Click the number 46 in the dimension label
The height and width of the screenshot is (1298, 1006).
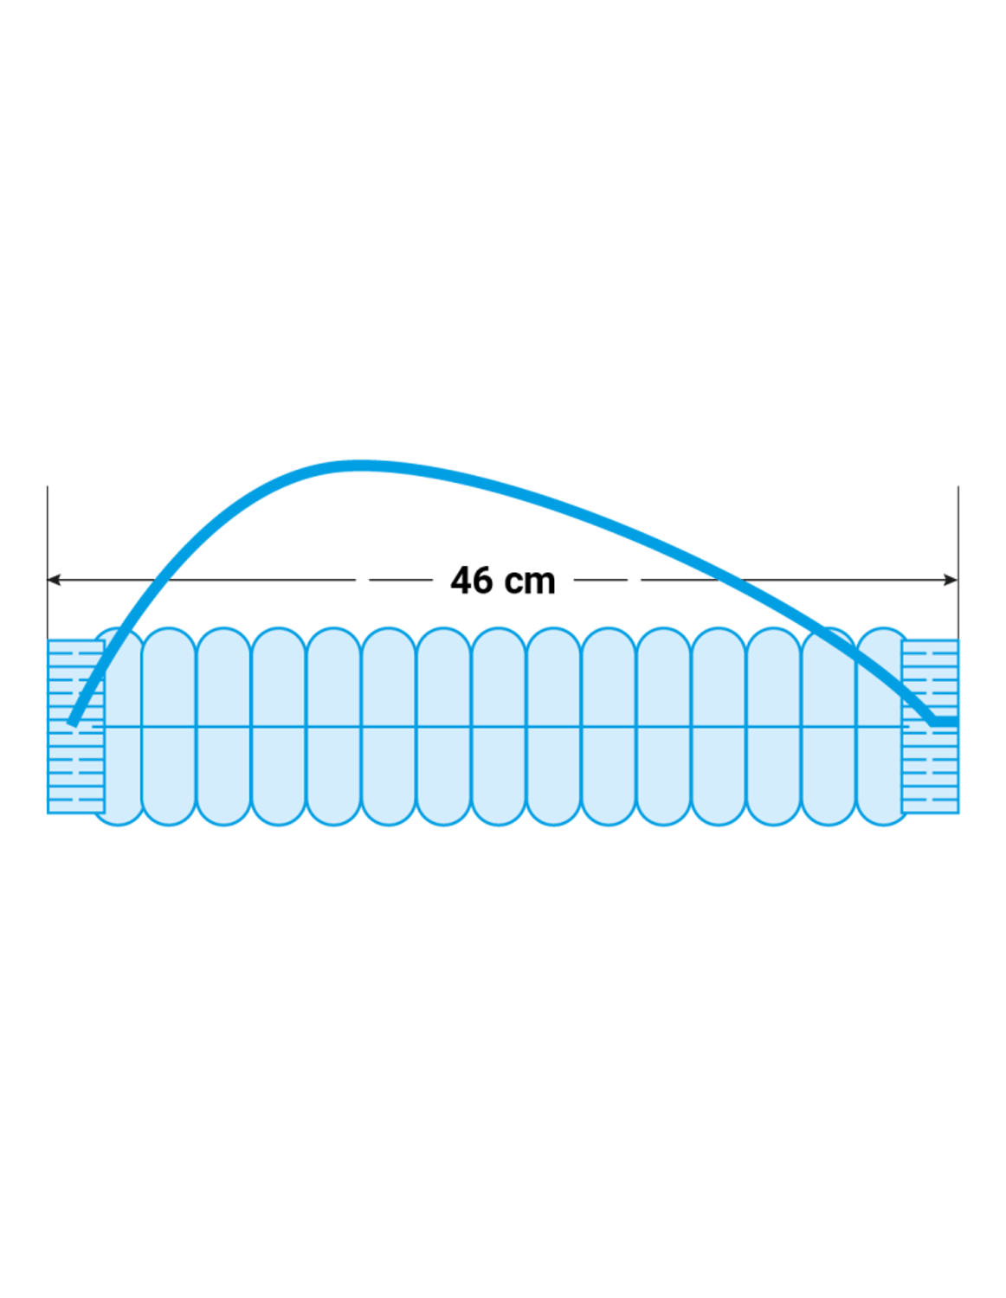[472, 580]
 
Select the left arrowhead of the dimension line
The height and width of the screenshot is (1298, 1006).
[54, 580]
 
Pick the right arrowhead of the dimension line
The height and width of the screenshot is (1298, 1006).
[951, 580]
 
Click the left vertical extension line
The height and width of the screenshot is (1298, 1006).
[48, 562]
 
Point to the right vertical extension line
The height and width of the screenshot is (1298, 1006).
[958, 562]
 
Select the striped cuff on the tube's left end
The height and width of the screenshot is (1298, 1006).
[76, 726]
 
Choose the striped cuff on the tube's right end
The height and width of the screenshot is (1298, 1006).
[930, 726]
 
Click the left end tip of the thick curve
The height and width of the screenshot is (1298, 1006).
[72, 724]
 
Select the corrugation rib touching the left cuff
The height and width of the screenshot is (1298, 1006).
[119, 726]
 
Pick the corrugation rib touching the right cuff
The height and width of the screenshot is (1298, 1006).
[883, 726]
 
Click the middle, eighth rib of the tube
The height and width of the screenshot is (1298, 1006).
[499, 726]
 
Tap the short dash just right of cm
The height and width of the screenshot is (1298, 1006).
[600, 580]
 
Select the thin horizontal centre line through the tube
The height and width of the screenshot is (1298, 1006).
[503, 727]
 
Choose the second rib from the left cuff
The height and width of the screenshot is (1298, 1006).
[169, 726]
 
